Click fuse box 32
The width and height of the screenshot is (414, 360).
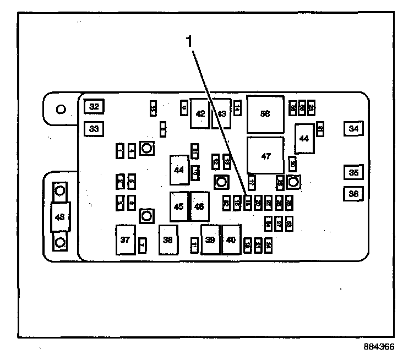tap(94, 107)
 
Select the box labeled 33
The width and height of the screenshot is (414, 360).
tap(94, 129)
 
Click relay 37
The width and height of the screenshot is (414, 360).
tap(126, 239)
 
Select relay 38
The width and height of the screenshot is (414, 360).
tap(168, 239)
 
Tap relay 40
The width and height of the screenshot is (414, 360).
tap(231, 239)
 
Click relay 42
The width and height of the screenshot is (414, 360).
tap(200, 113)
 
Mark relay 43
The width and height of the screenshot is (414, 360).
tap(221, 113)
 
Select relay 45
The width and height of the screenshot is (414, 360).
tap(179, 206)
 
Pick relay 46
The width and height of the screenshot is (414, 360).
tap(199, 206)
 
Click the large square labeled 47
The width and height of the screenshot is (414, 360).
tap(266, 156)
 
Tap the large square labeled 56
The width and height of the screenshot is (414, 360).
tap(265, 113)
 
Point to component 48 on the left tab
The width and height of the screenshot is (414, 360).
tap(60, 217)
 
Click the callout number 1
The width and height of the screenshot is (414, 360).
tap(190, 41)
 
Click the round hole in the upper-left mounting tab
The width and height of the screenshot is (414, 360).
tap(62, 108)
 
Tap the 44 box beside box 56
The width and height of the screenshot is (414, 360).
tap(304, 139)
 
